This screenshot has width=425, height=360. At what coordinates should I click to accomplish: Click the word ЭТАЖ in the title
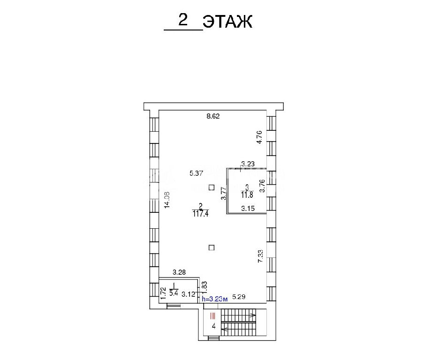(228, 22)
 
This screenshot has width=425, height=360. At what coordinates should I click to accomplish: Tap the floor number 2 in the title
(183, 20)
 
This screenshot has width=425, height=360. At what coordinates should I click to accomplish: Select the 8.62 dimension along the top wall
(213, 116)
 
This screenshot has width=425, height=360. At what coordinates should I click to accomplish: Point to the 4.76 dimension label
(260, 137)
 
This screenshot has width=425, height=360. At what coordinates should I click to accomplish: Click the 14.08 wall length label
(167, 200)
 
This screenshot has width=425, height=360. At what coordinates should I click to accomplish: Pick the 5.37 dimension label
(196, 173)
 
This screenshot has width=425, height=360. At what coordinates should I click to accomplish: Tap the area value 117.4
(201, 214)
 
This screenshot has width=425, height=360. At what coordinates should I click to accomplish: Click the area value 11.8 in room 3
(247, 195)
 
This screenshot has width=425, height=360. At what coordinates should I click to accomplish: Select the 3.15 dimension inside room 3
(248, 209)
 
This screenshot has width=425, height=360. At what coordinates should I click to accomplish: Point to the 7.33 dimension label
(260, 256)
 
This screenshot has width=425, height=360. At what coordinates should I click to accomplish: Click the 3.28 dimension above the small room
(179, 272)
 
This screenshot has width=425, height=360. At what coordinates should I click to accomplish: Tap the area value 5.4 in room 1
(174, 293)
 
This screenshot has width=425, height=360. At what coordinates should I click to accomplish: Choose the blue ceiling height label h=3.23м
(215, 299)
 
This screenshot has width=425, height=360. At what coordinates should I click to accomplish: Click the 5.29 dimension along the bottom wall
(239, 297)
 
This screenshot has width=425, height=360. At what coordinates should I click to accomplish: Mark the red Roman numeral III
(213, 316)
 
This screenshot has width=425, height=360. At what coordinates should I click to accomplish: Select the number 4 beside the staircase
(214, 326)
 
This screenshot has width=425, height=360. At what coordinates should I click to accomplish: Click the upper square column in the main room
(212, 187)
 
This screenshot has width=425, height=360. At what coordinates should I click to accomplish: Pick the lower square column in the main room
(212, 247)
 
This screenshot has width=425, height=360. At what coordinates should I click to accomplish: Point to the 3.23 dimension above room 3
(248, 164)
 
